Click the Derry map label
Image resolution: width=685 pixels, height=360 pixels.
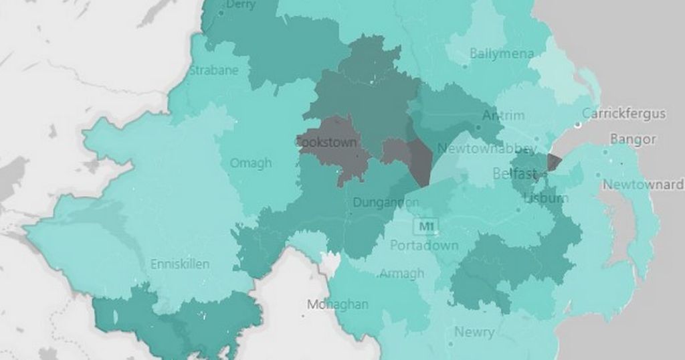coord(241,5)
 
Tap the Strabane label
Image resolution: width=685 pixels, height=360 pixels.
coord(214,70)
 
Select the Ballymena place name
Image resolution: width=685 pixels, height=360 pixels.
coord(502,54)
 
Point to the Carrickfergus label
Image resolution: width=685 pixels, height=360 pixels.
coord(624,114)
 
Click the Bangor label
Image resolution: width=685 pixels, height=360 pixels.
coord(628,140)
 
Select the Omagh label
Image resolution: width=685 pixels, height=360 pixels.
coord(251,163)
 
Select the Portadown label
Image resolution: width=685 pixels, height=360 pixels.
coord(424,245)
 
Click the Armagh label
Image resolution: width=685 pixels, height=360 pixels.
coord(401,273)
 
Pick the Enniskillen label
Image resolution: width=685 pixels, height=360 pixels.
coord(179,264)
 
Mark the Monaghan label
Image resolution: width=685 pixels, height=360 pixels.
coord(337,304)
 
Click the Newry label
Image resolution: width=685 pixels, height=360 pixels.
coord(474,332)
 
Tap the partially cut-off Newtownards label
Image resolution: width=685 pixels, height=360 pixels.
coord(643,185)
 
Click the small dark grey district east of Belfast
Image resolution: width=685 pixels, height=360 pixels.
coord(554,162)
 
